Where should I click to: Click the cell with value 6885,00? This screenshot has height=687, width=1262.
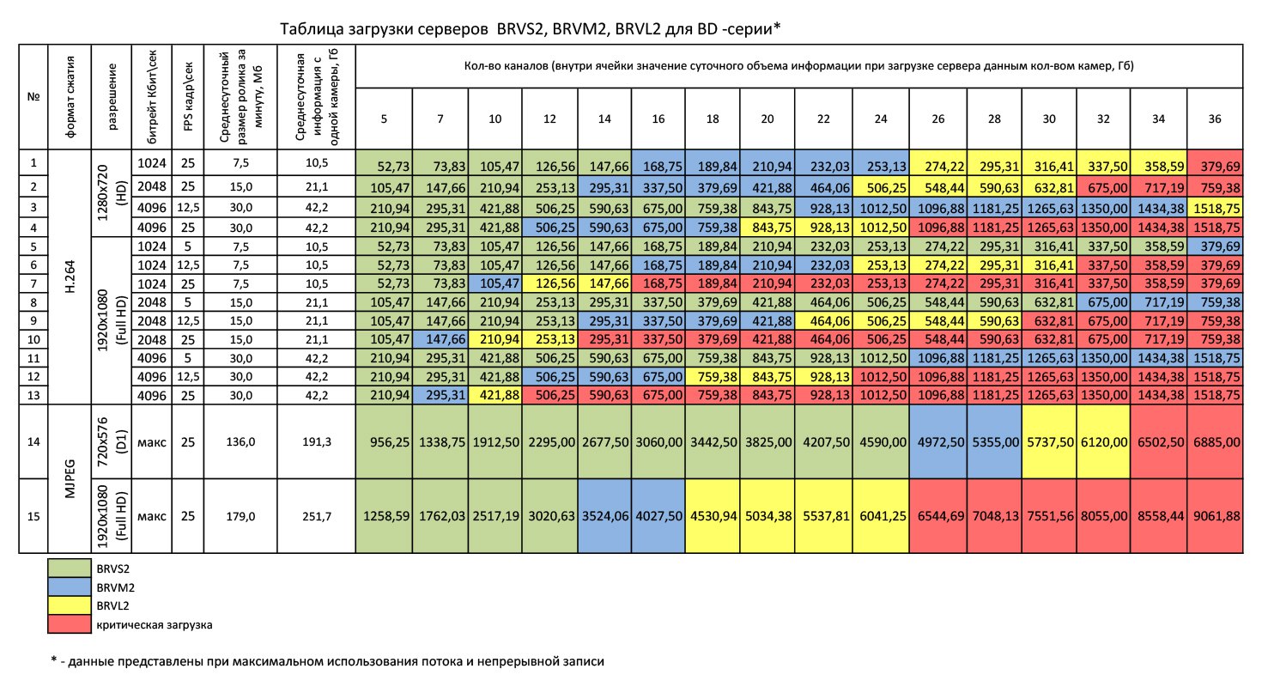[x=1214, y=441]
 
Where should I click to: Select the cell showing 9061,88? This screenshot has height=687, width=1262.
[x=1214, y=515]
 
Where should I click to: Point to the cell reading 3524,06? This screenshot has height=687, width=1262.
[x=605, y=515]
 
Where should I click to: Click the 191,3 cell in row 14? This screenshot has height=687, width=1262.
[x=318, y=441]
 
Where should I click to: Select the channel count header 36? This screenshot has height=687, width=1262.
[x=1214, y=119]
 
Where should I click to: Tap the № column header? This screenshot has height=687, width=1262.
[x=35, y=96]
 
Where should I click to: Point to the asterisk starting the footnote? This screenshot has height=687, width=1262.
[x=54, y=662]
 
